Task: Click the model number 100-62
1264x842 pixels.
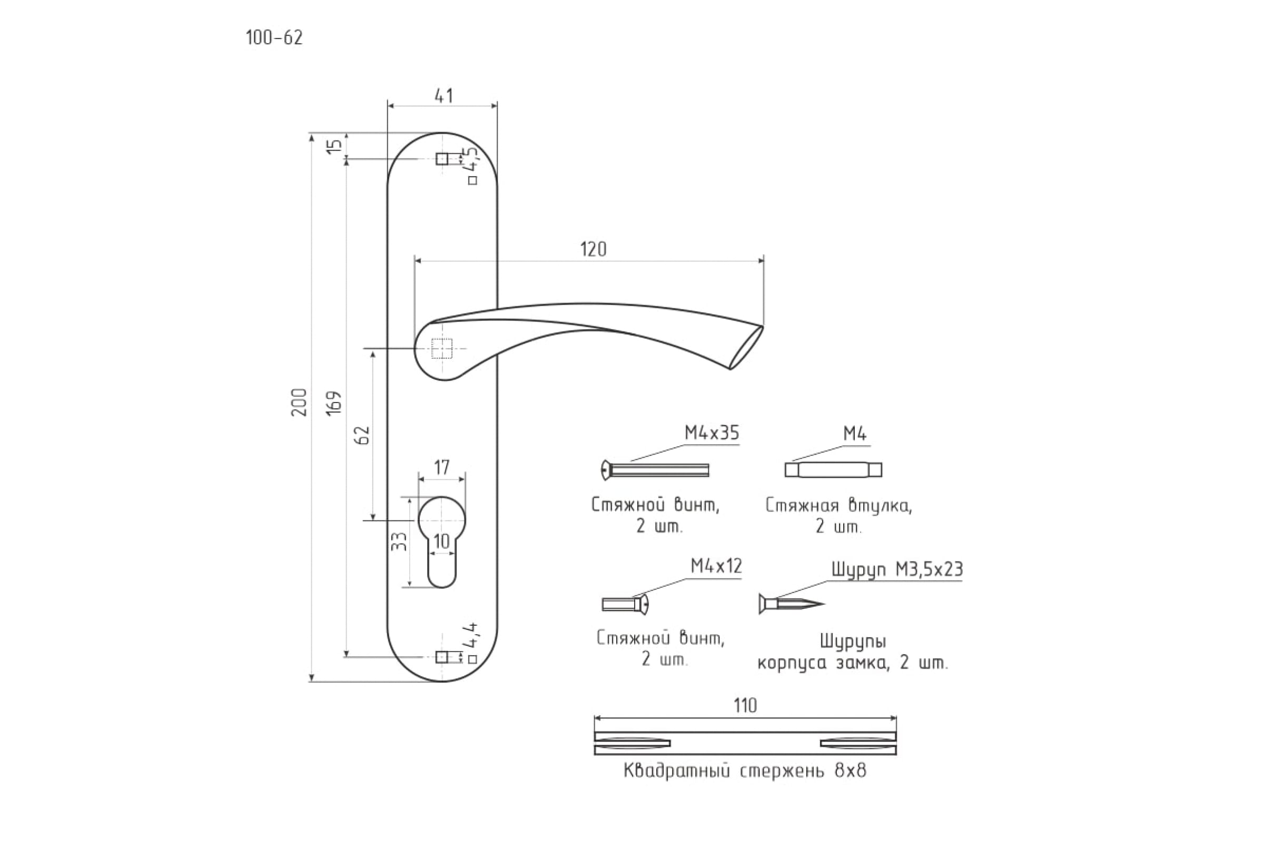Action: click(x=274, y=37)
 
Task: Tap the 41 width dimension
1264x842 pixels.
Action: click(x=443, y=96)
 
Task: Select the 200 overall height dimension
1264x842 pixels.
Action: click(x=299, y=402)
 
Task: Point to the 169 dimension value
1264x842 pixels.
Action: click(x=334, y=402)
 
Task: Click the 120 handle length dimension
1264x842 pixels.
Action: click(x=594, y=249)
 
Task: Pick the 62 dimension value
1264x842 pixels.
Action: click(x=364, y=435)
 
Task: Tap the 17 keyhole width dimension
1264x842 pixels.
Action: click(x=442, y=468)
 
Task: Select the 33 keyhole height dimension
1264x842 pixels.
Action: click(x=398, y=542)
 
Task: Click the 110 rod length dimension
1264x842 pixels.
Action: click(x=745, y=705)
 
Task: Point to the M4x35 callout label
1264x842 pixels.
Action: click(x=712, y=433)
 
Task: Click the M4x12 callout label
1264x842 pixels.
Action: click(x=716, y=566)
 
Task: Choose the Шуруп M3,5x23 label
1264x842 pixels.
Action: click(x=897, y=569)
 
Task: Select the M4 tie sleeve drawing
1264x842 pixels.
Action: click(x=833, y=470)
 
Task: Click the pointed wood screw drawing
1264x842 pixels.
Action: click(x=791, y=604)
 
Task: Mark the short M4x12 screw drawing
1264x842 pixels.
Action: click(x=626, y=604)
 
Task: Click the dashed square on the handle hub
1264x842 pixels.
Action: click(x=442, y=348)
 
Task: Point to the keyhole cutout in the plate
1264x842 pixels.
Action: click(x=442, y=542)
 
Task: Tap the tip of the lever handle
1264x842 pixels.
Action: click(x=763, y=326)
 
